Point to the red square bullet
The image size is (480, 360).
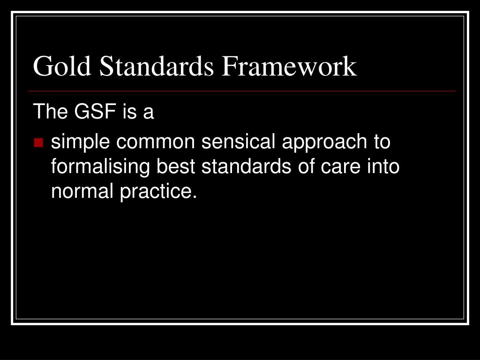[x=38, y=142]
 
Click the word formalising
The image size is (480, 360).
[x=100, y=166]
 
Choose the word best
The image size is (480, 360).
[x=175, y=166]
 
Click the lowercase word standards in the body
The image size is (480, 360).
[x=243, y=166]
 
